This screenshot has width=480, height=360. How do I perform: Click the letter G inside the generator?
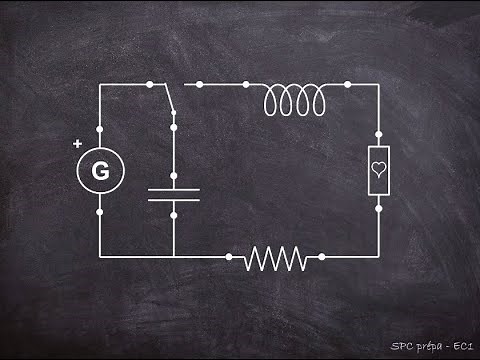tap(100, 171)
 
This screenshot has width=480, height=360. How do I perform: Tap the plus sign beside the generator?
tap(78, 144)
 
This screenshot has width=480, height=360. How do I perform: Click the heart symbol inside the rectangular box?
tap(378, 171)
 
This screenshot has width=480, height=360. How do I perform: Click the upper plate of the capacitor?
tap(173, 188)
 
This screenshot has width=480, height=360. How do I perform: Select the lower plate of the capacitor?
tap(173, 199)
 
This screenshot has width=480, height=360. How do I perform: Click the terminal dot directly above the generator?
tap(100, 130)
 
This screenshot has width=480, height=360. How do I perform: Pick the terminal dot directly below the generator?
tap(100, 212)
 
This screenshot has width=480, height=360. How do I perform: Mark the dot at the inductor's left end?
tap(248, 85)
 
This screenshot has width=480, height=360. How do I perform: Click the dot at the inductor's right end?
tap(348, 85)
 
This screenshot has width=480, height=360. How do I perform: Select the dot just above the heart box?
tap(378, 132)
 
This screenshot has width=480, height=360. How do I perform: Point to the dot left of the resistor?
tap(229, 257)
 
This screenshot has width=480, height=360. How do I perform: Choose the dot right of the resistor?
tap(323, 257)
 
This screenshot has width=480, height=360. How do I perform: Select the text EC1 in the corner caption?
tap(461, 345)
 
